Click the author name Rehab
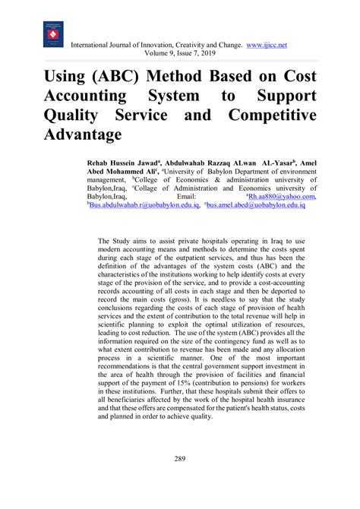(x=100, y=163)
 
